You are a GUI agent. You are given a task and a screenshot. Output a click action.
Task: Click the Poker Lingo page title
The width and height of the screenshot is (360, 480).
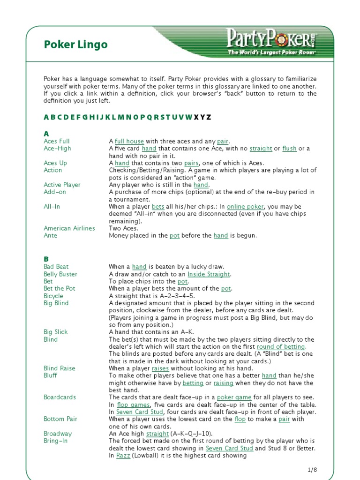tap(75, 45)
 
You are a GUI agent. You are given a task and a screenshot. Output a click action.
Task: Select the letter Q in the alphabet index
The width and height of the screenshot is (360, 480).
tap(150, 117)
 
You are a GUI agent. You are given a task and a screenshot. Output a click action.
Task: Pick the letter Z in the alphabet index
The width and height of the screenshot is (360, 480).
tap(209, 117)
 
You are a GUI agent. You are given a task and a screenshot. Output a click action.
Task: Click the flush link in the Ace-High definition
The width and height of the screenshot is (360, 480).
tap(289, 149)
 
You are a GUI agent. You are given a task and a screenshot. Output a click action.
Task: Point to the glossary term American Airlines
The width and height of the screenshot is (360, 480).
tap(69, 228)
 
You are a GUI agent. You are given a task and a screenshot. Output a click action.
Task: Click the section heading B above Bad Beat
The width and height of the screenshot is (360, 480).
tap(46, 259)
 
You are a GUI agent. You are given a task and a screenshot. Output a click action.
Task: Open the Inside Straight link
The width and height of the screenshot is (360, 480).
tap(209, 274)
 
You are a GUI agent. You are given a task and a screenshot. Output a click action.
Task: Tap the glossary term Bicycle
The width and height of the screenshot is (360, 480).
tap(53, 296)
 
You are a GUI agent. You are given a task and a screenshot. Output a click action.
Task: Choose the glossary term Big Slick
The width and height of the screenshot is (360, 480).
tap(56, 332)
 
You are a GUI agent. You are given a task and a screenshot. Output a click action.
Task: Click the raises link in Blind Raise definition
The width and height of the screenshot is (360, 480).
tap(160, 368)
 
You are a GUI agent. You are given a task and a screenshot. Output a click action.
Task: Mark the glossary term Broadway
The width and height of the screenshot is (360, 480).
tap(58, 434)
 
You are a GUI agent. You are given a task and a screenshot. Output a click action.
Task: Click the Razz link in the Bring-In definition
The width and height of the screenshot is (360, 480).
tap(123, 456)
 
